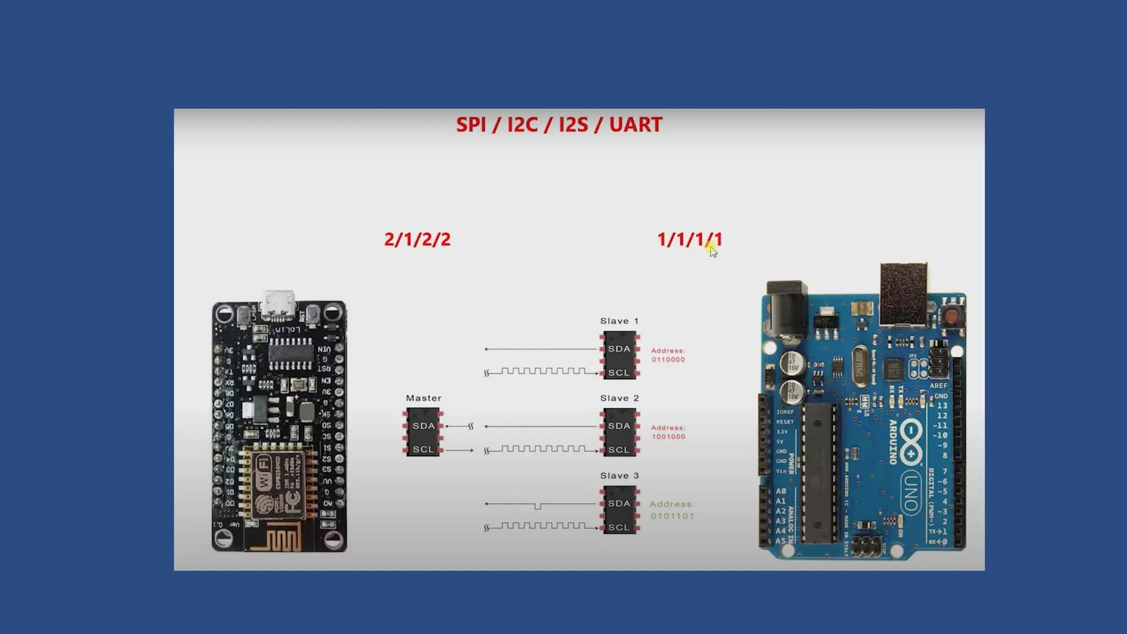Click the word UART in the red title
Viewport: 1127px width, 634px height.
[x=636, y=125]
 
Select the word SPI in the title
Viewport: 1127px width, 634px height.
[x=471, y=125]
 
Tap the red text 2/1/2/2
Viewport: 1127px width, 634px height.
[x=417, y=239]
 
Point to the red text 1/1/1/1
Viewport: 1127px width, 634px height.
[x=689, y=239]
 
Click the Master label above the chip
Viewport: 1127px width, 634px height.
[x=424, y=398]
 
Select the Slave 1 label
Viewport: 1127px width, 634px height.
[x=619, y=321]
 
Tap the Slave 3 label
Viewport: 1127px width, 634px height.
[x=619, y=475]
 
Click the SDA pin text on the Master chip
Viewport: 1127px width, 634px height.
[x=424, y=426]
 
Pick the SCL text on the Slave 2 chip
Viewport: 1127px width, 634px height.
[x=619, y=450]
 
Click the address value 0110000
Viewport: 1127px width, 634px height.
[x=668, y=360]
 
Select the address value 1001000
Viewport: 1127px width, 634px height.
[x=668, y=437]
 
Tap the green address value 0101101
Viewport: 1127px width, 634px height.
[x=672, y=516]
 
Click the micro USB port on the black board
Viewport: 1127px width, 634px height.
[x=279, y=305]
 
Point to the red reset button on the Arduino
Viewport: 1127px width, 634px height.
[x=951, y=316]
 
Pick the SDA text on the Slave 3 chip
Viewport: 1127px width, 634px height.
[x=619, y=504]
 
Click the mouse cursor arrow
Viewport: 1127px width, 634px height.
[x=713, y=252]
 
